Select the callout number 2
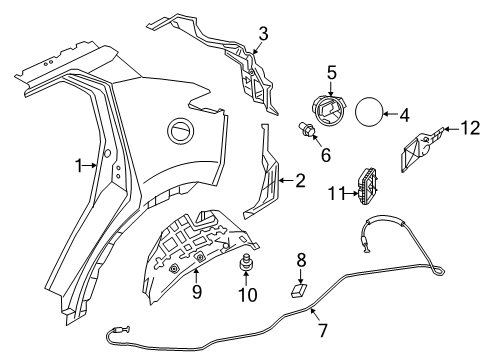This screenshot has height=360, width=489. click(x=299, y=181)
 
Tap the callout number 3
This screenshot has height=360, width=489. click(x=262, y=36)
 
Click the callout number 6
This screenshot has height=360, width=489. click(x=325, y=155)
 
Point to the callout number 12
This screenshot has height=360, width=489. click(x=470, y=127)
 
